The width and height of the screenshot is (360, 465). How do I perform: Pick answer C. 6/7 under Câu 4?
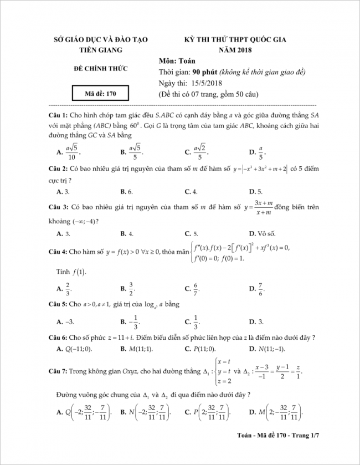(192, 288)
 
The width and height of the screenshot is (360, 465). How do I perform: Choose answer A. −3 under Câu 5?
(65, 321)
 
